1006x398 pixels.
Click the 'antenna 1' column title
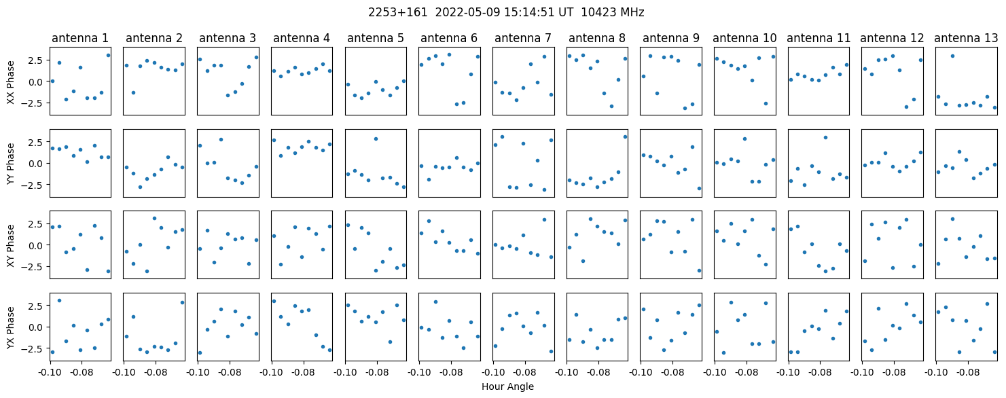point(80,39)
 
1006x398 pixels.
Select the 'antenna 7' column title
point(523,39)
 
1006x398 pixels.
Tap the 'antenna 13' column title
point(966,39)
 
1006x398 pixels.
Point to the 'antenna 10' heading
point(744,39)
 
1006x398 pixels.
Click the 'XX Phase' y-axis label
point(11,82)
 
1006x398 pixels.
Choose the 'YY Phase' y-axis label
point(11,164)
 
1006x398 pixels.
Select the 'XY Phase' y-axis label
point(11,246)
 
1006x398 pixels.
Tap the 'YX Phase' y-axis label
point(11,327)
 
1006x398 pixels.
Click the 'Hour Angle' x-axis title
point(507,386)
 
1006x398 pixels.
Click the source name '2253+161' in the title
point(398,13)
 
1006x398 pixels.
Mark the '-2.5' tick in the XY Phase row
point(36,267)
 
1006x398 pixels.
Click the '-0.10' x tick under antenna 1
point(50,373)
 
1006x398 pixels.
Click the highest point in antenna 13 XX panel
point(952,56)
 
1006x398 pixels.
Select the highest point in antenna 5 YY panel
point(376,139)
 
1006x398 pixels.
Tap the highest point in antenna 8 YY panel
point(625,137)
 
